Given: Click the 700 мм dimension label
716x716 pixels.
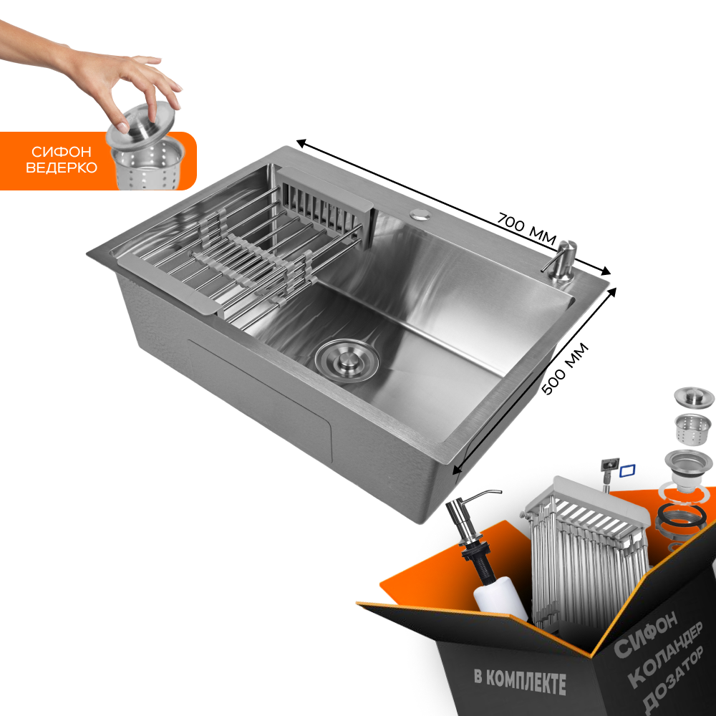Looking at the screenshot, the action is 526,228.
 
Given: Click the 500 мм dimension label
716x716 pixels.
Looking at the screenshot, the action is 565,369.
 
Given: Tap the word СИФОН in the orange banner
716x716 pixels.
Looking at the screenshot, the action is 61,152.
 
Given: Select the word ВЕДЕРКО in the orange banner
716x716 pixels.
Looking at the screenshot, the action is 61,168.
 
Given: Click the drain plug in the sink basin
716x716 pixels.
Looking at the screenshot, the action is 347,361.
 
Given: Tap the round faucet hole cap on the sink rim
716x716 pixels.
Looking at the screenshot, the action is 418,213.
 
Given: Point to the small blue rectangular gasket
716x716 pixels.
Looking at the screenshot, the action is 627,471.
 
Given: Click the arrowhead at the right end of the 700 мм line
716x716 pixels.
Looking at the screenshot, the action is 605,271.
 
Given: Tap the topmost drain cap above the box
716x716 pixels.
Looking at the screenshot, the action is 694,397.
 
